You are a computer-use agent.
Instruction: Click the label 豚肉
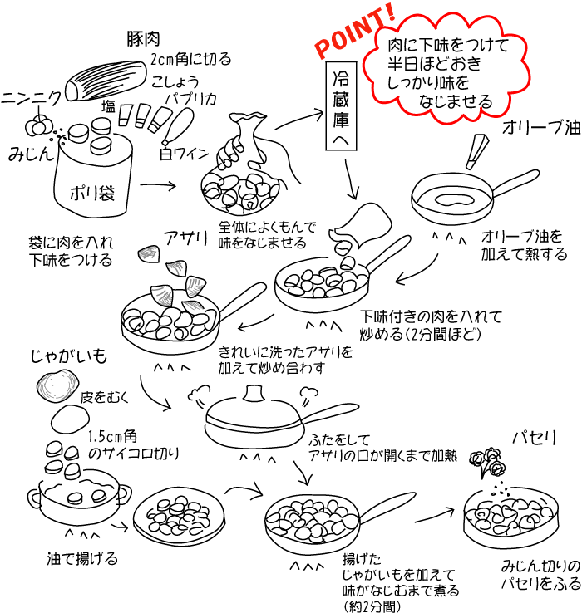coord(143,39)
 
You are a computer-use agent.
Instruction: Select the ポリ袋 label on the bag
coord(95,192)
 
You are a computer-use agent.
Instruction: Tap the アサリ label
coord(185,238)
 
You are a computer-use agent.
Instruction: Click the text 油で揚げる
coord(82,557)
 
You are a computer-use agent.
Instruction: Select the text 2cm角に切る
coord(190,60)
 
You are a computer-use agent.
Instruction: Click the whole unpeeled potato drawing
coord(57,385)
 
